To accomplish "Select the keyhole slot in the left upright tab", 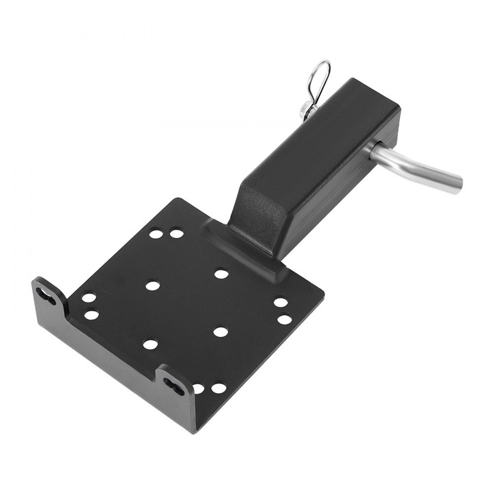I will [47, 296].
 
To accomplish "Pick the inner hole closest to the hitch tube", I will [221, 274].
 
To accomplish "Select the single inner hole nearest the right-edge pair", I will [220, 332].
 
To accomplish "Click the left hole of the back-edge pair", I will [156, 233].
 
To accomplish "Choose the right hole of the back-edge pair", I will [176, 233].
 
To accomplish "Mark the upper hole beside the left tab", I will [89, 298].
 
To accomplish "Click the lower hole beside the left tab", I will [91, 315].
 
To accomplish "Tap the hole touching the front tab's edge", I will [198, 388].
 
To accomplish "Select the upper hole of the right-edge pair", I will [281, 302].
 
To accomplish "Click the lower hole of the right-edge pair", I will [284, 319].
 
